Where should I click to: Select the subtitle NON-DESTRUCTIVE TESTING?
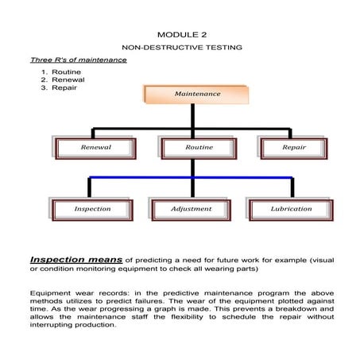181,48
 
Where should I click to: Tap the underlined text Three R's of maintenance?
78,60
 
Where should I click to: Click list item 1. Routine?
63,72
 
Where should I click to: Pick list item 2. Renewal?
64,79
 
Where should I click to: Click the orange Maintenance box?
197,94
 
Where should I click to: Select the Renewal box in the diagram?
95,148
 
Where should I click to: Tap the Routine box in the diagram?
199,148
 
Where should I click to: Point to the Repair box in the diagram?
294,148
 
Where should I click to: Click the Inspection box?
92,209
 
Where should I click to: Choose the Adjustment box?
192,209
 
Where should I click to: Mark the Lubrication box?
291,209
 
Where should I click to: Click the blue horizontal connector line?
191,177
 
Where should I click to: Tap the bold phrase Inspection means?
75,259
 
